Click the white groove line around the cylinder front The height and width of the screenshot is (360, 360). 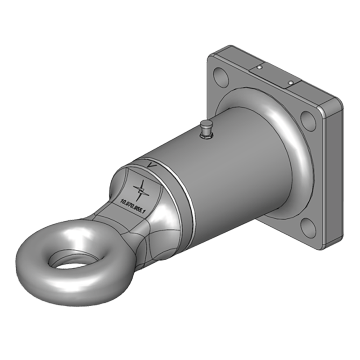tap(188, 198)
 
